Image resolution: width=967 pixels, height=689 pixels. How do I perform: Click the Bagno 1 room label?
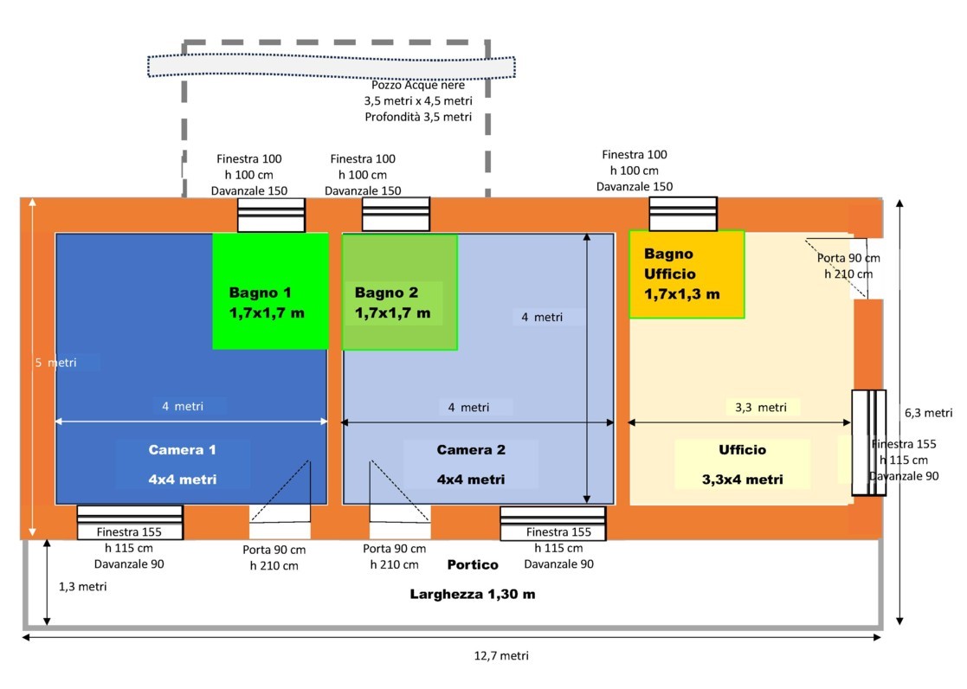click(x=267, y=302)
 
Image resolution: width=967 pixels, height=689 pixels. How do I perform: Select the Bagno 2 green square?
click(x=399, y=292)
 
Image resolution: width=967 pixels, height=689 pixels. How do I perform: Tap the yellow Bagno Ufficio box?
click(x=687, y=274)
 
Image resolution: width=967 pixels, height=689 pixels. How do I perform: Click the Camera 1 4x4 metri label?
click(x=182, y=465)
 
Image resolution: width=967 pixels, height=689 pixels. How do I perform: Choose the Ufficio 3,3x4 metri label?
click(x=742, y=465)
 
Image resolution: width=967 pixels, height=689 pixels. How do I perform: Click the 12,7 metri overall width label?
click(x=501, y=655)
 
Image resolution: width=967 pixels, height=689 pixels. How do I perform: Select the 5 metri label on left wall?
click(x=55, y=363)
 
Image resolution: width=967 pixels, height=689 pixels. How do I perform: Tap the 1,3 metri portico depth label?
click(x=83, y=586)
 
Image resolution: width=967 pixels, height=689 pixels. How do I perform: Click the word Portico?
click(x=473, y=564)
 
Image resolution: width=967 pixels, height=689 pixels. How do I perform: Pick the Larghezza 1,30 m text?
click(x=473, y=595)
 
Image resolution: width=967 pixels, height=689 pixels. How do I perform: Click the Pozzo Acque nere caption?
click(x=418, y=100)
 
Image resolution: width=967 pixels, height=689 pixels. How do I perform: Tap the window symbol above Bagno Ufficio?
click(x=683, y=215)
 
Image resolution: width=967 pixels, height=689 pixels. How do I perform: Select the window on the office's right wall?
click(x=868, y=443)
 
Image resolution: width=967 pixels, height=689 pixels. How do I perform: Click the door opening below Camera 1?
click(x=280, y=512)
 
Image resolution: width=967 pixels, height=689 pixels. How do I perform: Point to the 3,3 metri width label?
click(x=761, y=407)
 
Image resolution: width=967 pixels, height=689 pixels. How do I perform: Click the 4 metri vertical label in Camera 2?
click(x=542, y=317)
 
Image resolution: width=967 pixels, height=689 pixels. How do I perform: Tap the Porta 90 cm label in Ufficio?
click(x=848, y=266)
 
